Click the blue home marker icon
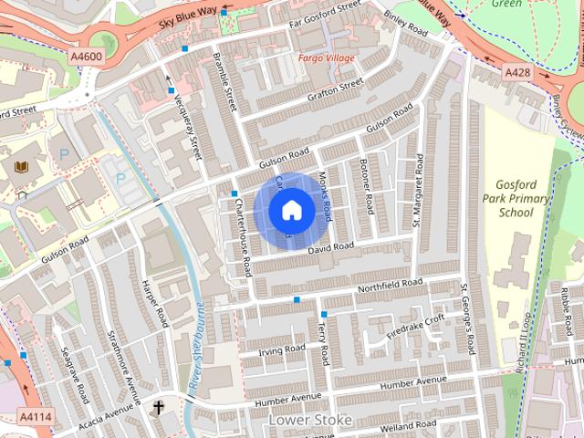(x=292, y=211)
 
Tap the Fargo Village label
(x=326, y=57)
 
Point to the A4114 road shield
(x=29, y=416)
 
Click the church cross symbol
(x=158, y=406)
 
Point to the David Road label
(x=329, y=248)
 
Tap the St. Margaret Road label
(x=417, y=190)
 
